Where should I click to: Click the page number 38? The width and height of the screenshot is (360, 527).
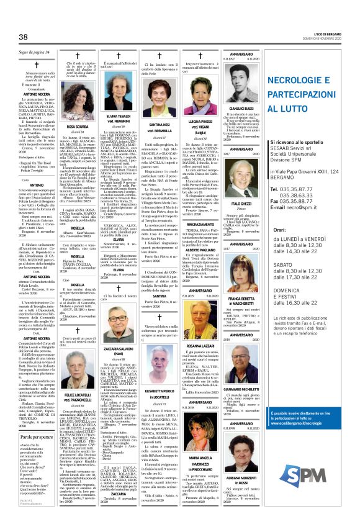click(24, 38)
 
